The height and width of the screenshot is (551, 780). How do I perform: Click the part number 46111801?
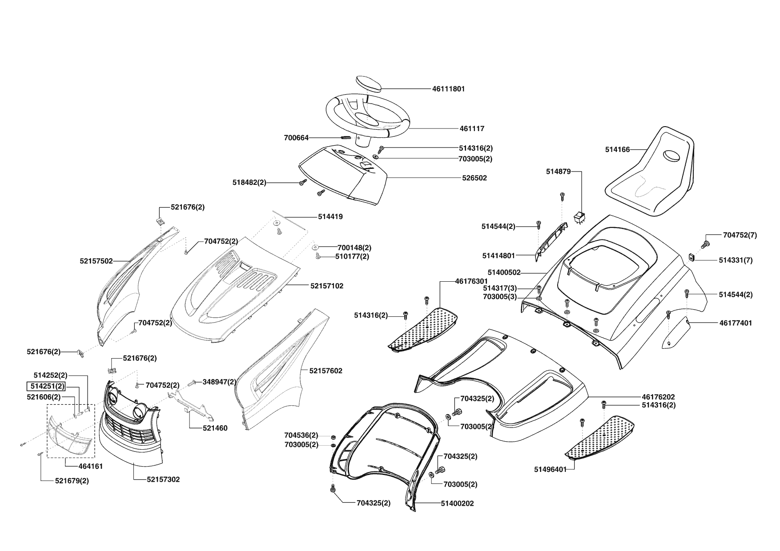[x=448, y=89]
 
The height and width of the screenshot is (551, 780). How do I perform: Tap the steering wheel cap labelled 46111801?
[x=369, y=84]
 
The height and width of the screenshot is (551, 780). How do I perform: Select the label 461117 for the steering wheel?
[x=472, y=129]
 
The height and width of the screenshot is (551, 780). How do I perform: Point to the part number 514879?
[x=558, y=172]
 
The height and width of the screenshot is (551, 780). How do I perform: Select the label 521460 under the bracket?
[x=215, y=428]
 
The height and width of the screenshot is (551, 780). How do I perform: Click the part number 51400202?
[x=457, y=503]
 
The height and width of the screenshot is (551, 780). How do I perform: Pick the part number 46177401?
[x=736, y=323]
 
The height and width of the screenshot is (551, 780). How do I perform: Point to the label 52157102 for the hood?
[x=327, y=286]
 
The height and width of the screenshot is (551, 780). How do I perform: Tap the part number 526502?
[x=474, y=178]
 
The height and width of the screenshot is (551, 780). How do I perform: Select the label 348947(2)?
[x=220, y=382]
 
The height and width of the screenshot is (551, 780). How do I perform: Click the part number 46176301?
[x=471, y=281]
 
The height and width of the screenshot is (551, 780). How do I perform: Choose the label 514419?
[x=330, y=217]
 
